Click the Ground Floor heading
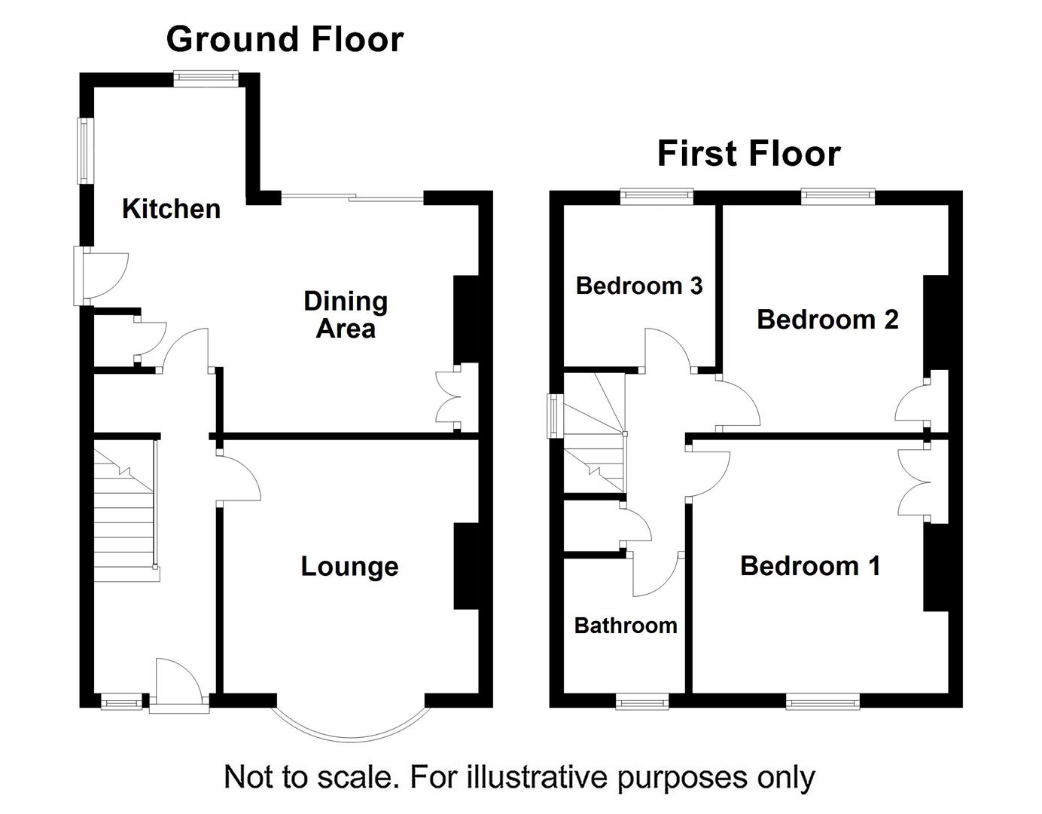point(285,39)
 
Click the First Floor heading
point(748,154)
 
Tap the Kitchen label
point(171,209)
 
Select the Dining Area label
point(346,314)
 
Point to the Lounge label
point(349,566)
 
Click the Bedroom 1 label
point(810,565)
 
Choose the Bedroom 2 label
point(827,319)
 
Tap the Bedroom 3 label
point(638,286)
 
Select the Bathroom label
point(625,626)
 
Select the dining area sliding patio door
point(354,198)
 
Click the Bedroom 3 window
point(657,197)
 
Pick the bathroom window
point(642,702)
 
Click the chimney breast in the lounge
point(466,566)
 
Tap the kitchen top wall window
point(206,78)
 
